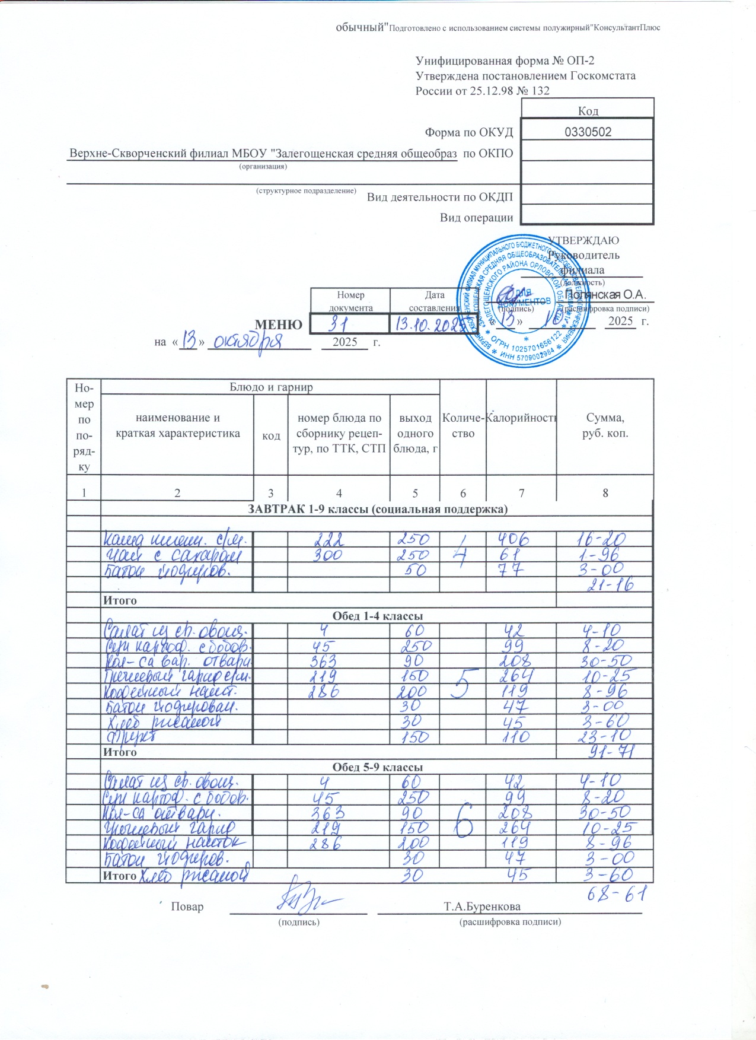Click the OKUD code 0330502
pos(588,132)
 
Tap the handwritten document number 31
pos(339,323)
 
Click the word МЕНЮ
pos(278,325)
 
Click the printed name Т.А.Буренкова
pos(482,907)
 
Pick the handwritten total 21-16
pos(610,585)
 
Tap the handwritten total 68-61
pos(615,894)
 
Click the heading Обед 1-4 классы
pos(377,616)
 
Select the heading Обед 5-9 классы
pos(377,767)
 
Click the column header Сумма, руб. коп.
pos(605,425)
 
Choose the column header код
pos(271,436)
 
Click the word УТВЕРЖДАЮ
pos(583,240)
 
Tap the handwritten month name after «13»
pos(249,341)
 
